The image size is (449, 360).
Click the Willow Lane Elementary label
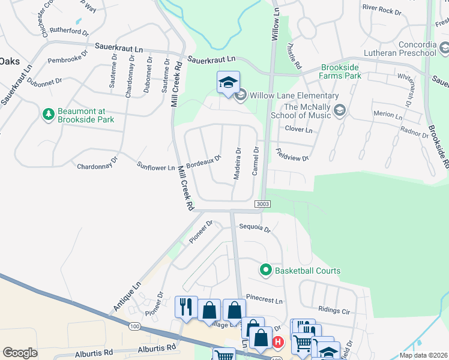(x=294, y=96)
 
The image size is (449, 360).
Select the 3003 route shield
(x=262, y=204)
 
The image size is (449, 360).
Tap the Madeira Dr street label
(x=237, y=164)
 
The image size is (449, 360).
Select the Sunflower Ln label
(x=155, y=166)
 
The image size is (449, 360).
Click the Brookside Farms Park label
(x=349, y=72)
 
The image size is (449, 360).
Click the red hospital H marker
(x=277, y=343)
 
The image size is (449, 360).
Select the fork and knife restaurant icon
(x=186, y=307)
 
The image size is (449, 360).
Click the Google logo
(x=20, y=352)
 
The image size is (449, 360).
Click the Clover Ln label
(x=299, y=130)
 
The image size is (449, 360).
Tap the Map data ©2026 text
(x=423, y=355)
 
